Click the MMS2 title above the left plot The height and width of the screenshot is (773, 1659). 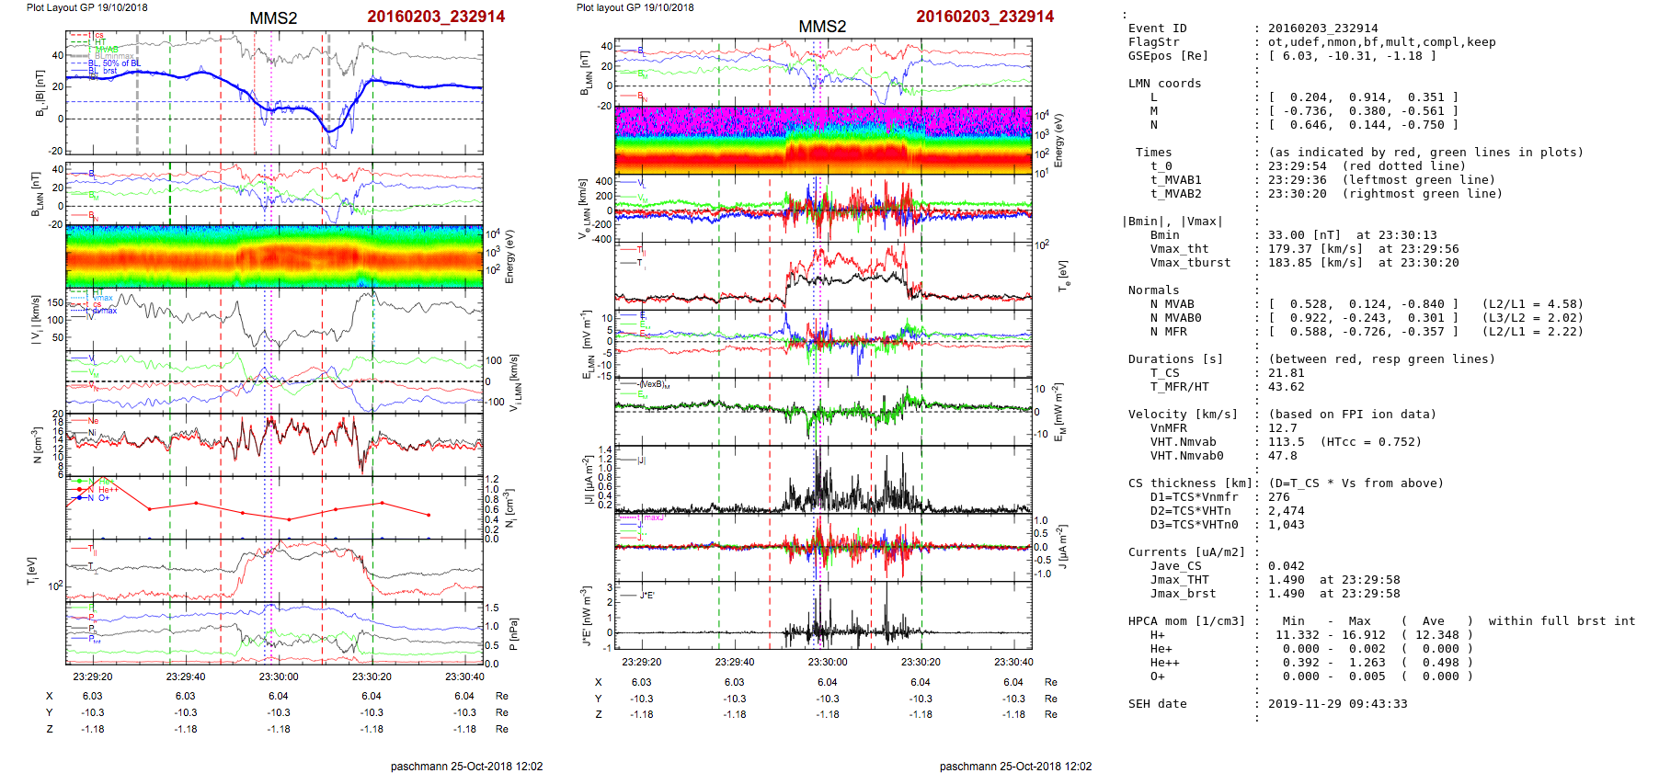coord(273,18)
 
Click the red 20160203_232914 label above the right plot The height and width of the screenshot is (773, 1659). coord(985,17)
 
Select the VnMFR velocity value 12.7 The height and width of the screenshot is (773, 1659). coord(1282,428)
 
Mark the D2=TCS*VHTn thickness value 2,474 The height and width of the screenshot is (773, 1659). coord(1286,511)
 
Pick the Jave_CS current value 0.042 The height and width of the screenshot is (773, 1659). coord(1286,566)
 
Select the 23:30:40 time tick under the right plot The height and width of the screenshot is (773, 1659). coord(1013,662)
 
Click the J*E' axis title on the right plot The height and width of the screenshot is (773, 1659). coord(586,617)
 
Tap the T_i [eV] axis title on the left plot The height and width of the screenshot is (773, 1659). coord(32,570)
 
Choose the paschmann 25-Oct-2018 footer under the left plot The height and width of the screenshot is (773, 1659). coord(466,767)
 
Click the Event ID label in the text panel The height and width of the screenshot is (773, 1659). coord(1157,28)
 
